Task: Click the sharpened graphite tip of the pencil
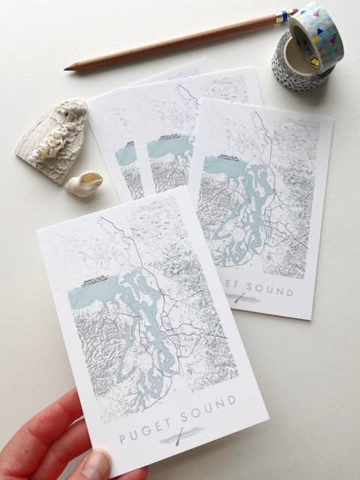coord(67,68)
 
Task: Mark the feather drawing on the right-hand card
coord(241,298)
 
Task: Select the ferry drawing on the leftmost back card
coord(128,142)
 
